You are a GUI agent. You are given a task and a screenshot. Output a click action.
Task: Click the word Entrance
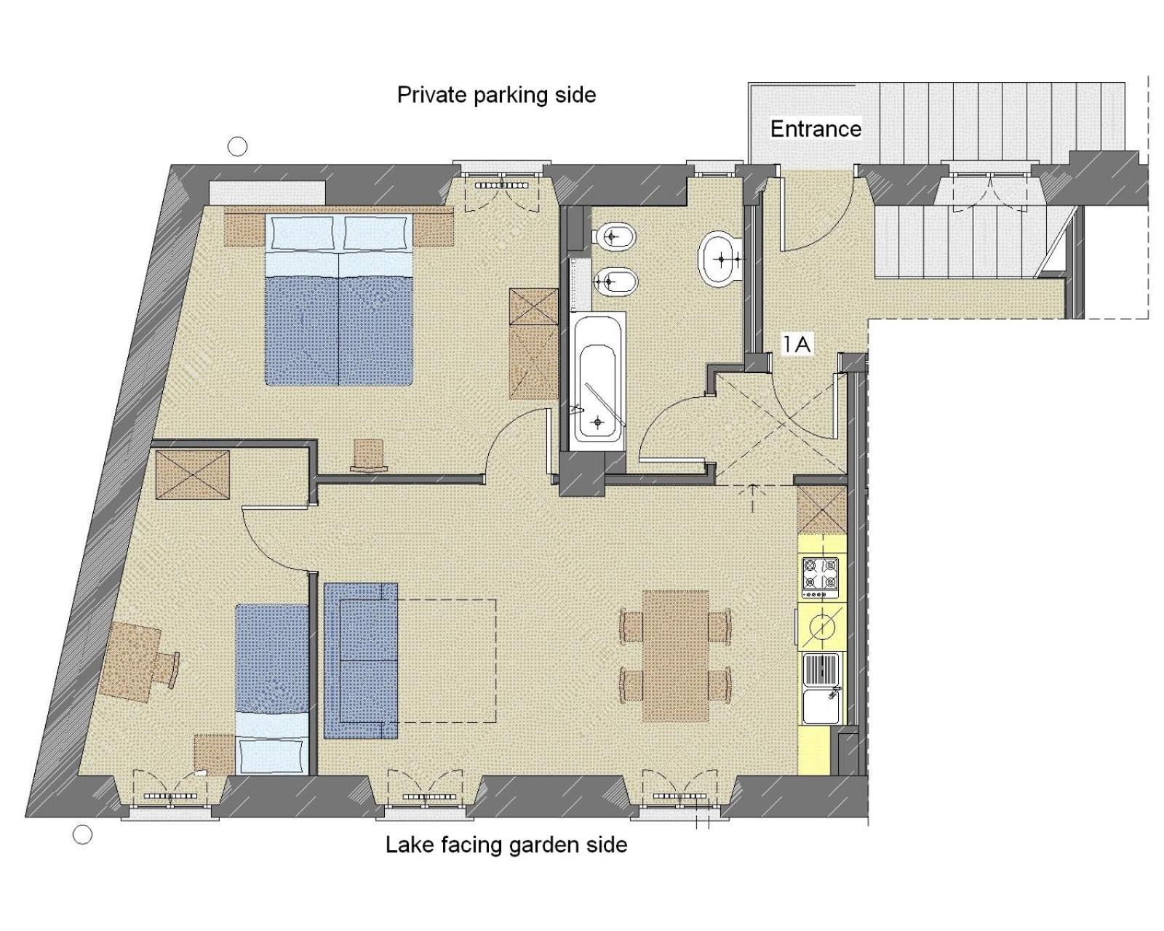point(815,129)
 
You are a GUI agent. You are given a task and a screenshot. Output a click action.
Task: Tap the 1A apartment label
point(797,344)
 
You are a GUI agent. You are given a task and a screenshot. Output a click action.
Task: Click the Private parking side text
point(496,95)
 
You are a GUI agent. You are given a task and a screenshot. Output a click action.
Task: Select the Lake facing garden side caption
point(506,844)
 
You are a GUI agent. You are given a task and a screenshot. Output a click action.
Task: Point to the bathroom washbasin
point(720,258)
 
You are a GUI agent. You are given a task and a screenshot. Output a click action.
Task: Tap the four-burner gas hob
point(820,578)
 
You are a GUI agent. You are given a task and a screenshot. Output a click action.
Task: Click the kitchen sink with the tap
point(821,689)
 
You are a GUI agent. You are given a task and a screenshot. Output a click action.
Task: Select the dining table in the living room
point(675,655)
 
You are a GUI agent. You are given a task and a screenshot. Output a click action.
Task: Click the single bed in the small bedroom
point(271,690)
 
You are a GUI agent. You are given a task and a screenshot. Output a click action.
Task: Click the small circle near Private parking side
point(237,146)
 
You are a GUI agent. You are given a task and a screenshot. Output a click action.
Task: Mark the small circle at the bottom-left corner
point(82,835)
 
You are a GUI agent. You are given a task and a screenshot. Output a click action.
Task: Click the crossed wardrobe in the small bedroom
point(192,474)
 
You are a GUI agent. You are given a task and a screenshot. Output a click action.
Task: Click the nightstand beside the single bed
point(215,755)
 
